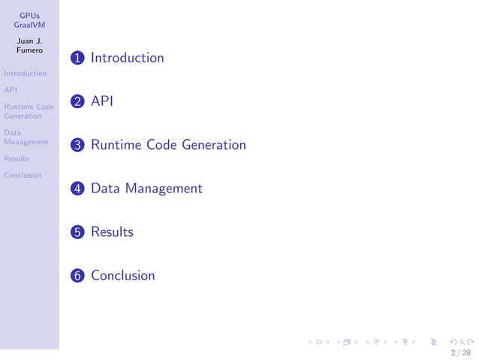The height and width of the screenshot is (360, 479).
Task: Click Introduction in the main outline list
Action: [127, 58]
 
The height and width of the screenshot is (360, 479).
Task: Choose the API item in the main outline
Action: [101, 101]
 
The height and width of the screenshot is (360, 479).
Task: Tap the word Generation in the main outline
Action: [214, 145]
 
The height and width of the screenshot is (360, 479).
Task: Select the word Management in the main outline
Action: [164, 189]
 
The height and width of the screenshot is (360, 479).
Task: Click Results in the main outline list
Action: [112, 232]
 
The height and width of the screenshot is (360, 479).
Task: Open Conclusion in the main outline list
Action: [122, 276]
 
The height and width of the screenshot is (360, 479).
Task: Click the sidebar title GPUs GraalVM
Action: [29, 20]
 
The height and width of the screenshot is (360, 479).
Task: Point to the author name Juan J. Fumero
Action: [29, 45]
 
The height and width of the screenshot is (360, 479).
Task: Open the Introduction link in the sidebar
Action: [25, 74]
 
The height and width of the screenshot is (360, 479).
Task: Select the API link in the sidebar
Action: [11, 90]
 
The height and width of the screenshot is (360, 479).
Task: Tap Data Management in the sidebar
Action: [26, 136]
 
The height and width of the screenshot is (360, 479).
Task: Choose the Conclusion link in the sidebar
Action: [23, 175]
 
